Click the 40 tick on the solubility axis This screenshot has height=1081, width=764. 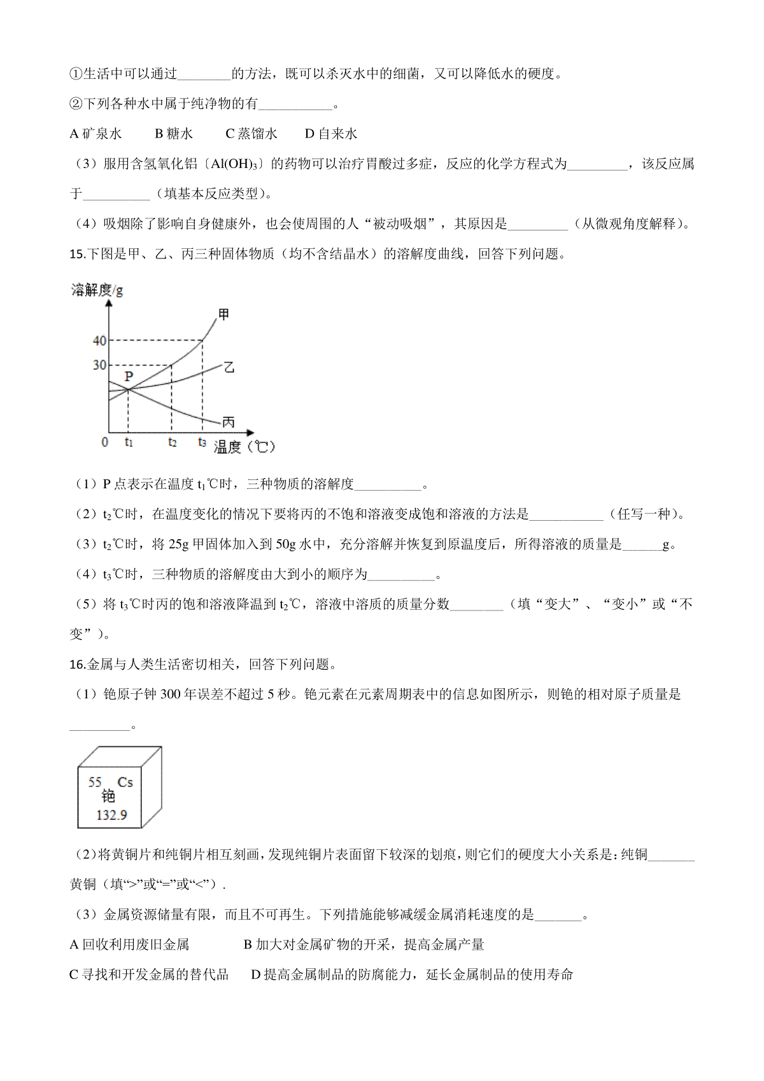99,341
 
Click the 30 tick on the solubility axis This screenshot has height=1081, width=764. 99,365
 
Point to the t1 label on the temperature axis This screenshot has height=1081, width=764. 129,442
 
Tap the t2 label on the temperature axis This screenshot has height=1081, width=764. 172,442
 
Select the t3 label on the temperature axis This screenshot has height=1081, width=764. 202,442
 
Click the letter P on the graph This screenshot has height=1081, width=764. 129,376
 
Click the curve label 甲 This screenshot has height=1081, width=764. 223,314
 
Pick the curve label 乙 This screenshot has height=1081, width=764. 229,367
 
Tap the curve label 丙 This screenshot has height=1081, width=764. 228,421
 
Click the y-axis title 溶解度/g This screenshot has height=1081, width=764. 97,290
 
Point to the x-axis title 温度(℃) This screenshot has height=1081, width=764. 244,447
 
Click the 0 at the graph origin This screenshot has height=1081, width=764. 105,442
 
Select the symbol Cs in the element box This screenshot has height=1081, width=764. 125,782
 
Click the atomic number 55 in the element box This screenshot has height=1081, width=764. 95,782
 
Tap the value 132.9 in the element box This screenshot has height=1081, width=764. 111,815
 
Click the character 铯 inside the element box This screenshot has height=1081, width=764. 108,796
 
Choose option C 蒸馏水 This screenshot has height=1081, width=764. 251,134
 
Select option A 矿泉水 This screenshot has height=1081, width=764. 95,134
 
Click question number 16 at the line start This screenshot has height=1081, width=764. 76,665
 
